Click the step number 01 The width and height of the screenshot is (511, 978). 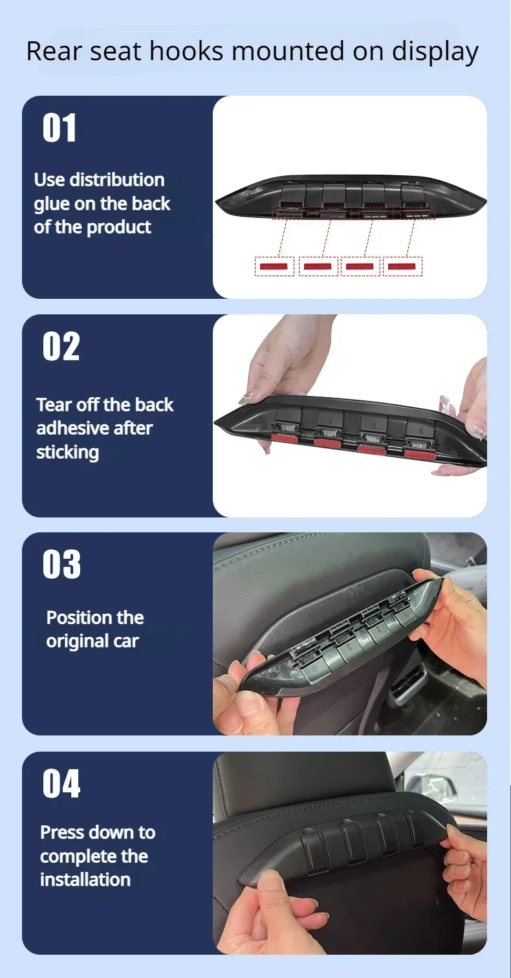pos(60,127)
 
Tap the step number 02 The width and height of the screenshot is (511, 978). pos(61,346)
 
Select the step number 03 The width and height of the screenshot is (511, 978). pos(61,564)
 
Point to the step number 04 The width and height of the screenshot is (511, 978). pos(61,783)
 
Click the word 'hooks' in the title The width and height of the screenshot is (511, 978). pos(186,51)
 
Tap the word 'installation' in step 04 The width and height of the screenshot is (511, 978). pos(85,879)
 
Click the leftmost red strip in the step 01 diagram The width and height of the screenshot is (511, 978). pos(274,266)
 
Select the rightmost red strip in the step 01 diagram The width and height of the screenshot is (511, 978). pos(402,266)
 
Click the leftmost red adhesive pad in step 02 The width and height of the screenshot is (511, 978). pos(285,439)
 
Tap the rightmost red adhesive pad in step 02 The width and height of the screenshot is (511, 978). pos(420,455)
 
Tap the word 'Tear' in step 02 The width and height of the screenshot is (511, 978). pos(54,405)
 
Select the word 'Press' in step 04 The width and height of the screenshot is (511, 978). pos(63,832)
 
